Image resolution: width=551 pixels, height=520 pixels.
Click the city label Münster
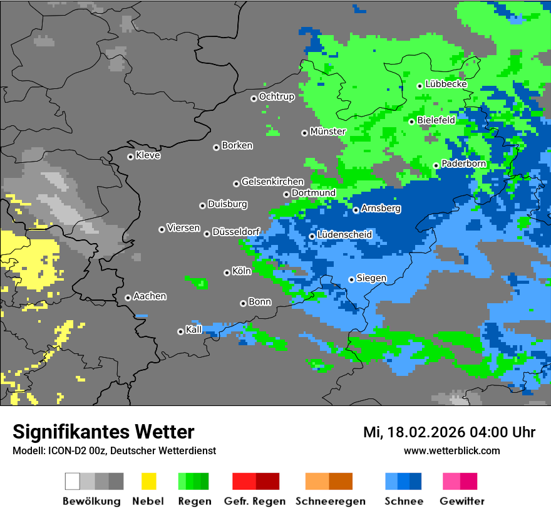tap(328, 132)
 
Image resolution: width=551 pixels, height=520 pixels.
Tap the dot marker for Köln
tap(227, 273)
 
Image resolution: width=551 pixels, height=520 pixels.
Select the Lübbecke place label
tap(446, 84)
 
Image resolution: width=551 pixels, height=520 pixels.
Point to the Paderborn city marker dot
tap(436, 165)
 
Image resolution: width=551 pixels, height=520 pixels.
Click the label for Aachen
tap(150, 296)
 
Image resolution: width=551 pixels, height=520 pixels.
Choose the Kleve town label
tap(148, 155)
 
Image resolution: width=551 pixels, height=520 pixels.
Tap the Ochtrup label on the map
tap(276, 96)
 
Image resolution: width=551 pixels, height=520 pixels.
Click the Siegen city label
tap(371, 278)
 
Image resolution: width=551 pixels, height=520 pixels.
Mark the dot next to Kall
tap(180, 331)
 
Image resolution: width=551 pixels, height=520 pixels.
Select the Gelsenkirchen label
tap(272, 182)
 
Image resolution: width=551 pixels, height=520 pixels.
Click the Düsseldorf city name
tap(236, 232)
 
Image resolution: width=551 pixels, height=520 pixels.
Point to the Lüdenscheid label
tap(344, 235)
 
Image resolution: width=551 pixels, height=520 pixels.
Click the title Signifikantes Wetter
tap(103, 432)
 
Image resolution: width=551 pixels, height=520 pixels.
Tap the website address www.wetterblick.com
tap(451, 450)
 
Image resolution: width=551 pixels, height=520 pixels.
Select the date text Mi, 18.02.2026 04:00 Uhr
tap(449, 432)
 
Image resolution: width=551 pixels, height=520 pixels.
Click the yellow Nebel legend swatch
tap(148, 481)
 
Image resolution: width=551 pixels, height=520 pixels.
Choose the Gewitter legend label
tap(462, 501)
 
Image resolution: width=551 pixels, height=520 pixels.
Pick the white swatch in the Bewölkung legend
tap(73, 481)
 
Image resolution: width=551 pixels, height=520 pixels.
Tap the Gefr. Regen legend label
tap(255, 501)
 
